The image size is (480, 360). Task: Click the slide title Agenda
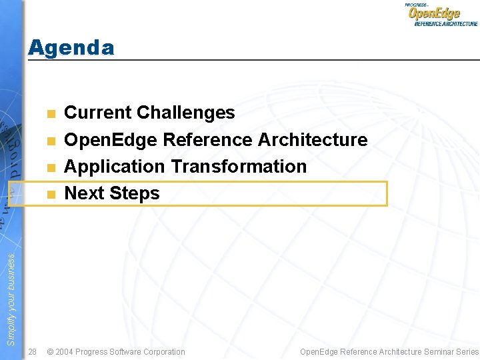71,47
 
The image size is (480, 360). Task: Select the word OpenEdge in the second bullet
111,140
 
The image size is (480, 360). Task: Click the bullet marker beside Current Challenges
51,113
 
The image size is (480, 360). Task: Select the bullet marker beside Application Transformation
51,167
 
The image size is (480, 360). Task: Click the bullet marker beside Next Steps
51,195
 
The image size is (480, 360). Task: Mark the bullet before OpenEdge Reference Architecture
51,141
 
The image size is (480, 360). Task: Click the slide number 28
33,351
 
